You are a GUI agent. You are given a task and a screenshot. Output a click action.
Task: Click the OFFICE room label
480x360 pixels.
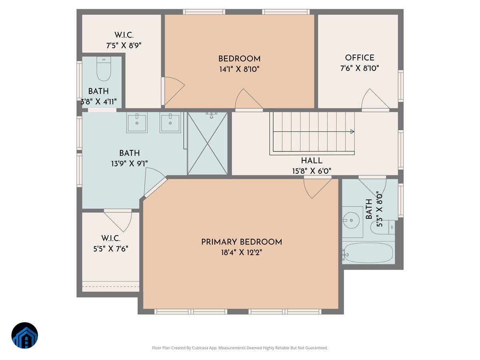pyautogui.click(x=360, y=58)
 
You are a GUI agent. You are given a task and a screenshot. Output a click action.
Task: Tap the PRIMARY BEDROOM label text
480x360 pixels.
pyautogui.click(x=242, y=242)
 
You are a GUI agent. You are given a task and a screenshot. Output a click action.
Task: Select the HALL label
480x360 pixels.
pyautogui.click(x=312, y=161)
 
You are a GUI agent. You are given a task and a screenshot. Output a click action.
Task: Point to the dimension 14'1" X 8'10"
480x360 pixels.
pyautogui.click(x=239, y=69)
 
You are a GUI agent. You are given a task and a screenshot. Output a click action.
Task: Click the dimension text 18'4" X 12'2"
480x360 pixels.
pyautogui.click(x=242, y=252)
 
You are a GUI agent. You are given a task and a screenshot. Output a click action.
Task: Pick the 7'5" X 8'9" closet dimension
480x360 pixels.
pyautogui.click(x=124, y=46)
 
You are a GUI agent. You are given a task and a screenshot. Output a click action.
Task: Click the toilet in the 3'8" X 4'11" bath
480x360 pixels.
pyautogui.click(x=104, y=69)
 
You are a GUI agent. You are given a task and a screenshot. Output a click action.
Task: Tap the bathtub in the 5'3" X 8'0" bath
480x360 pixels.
pyautogui.click(x=368, y=252)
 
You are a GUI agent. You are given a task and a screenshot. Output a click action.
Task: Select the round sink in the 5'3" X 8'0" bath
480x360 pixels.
pyautogui.click(x=351, y=220)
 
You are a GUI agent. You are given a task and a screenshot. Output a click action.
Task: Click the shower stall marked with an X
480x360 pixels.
pyautogui.click(x=207, y=143)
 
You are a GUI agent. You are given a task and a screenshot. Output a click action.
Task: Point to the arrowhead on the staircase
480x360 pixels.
pyautogui.click(x=352, y=132)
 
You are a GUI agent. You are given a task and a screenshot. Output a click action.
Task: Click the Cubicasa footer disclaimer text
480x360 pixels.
pyautogui.click(x=240, y=348)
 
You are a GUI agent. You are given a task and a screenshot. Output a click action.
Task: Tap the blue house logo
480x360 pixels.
pyautogui.click(x=25, y=335)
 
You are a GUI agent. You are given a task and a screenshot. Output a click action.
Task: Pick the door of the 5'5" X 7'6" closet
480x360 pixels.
pyautogui.click(x=118, y=221)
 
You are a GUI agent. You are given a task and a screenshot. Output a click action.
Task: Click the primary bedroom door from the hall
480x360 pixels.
pyautogui.click(x=317, y=188)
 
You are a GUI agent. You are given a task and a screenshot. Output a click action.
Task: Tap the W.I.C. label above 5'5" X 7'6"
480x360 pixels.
pyautogui.click(x=111, y=238)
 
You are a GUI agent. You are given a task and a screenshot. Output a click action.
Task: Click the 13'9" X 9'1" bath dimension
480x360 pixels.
pyautogui.click(x=130, y=164)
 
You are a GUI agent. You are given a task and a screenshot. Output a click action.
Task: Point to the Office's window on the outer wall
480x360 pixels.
pyautogui.click(x=401, y=86)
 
